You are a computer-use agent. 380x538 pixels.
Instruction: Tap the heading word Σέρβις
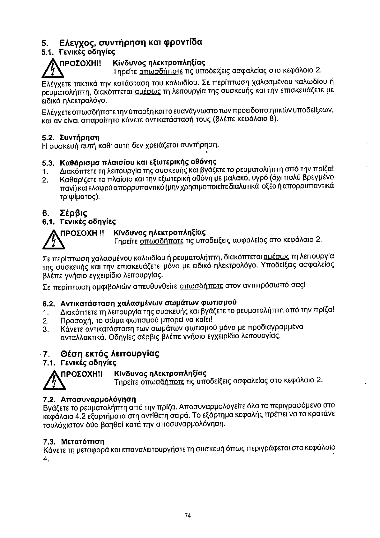pyautogui.click(x=73, y=213)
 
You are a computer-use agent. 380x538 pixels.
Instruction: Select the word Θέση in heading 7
pyautogui.click(x=71, y=354)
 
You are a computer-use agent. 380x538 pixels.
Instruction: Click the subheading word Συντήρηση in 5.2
pyautogui.click(x=80, y=138)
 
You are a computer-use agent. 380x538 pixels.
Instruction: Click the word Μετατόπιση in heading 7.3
pyautogui.click(x=82, y=442)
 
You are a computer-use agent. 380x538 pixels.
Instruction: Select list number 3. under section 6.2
pyautogui.click(x=46, y=329)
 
